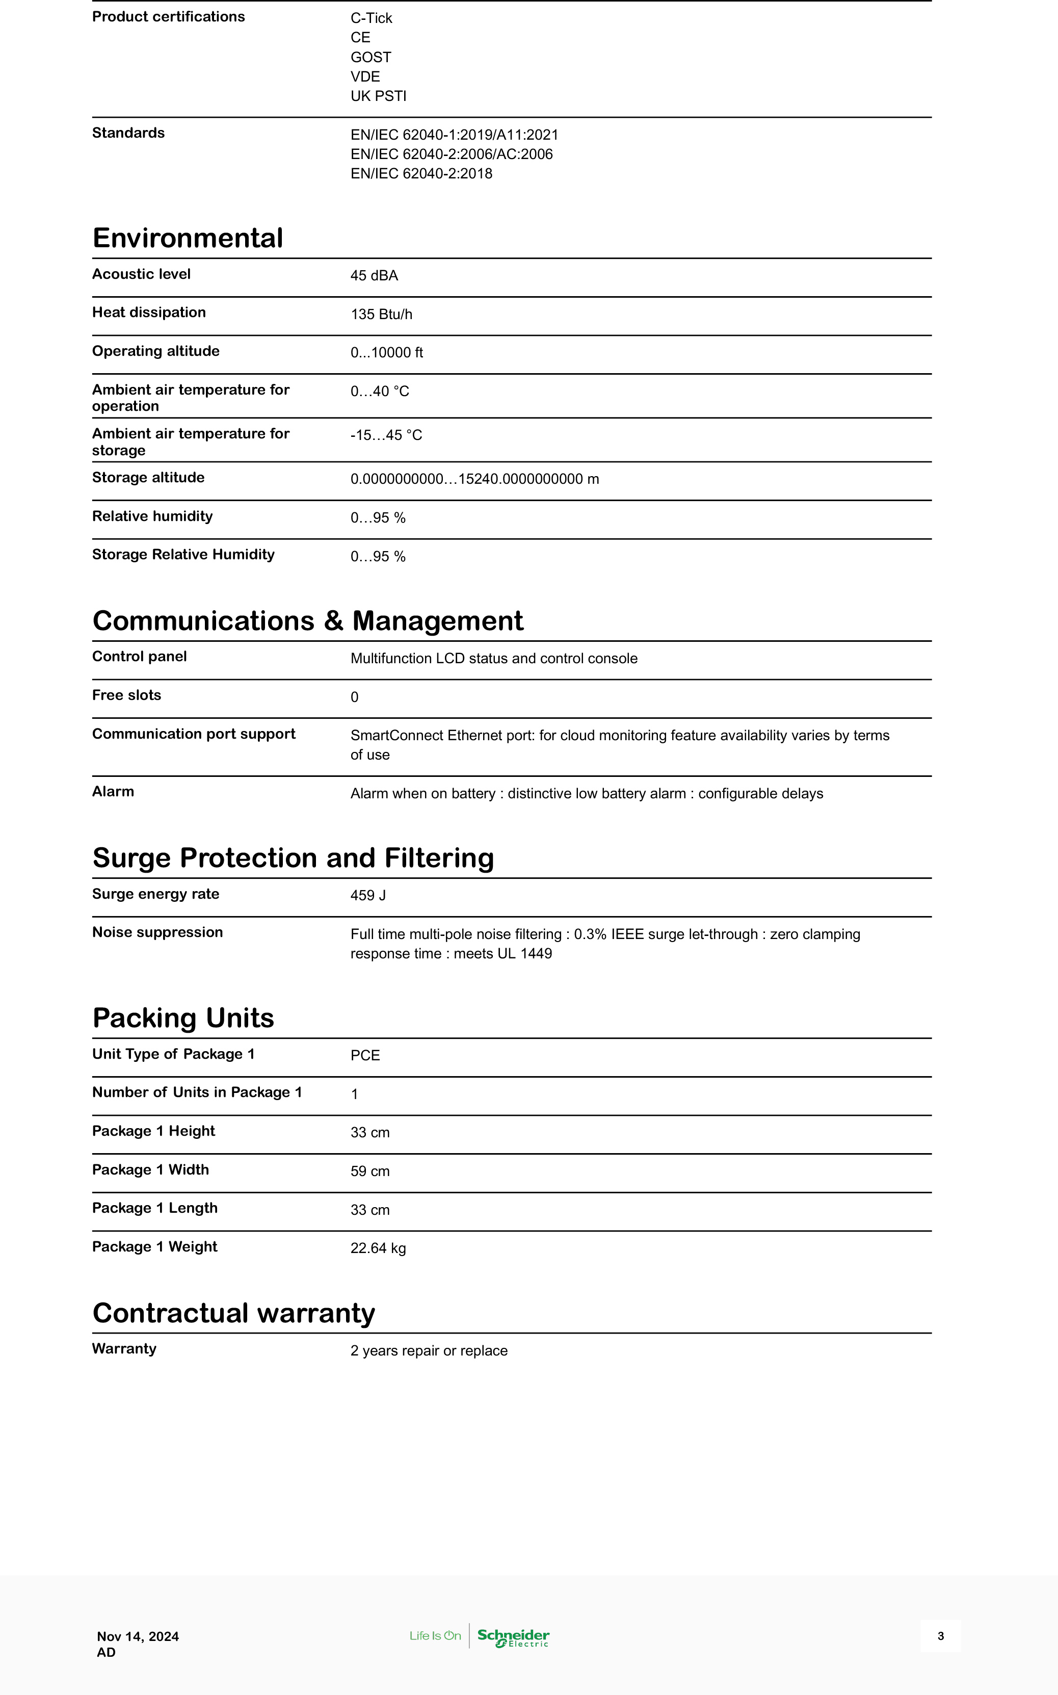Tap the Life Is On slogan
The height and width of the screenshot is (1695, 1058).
435,1635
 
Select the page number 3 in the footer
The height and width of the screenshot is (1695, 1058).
940,1635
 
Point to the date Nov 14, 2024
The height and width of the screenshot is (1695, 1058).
138,1636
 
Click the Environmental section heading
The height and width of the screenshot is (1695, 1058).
188,238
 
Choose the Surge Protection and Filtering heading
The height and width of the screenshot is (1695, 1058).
293,858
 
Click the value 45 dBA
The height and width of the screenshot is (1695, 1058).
375,276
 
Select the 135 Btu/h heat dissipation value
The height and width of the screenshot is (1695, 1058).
381,314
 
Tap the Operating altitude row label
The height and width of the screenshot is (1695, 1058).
156,351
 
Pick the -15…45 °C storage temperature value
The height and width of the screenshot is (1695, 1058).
386,435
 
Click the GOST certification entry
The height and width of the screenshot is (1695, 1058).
371,58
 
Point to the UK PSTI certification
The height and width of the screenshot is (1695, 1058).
379,96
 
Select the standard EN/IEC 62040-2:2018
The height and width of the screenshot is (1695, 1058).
421,173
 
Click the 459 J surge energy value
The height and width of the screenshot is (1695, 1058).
368,896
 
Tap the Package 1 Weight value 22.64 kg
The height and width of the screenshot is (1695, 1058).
378,1248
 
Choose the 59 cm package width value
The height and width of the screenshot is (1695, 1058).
370,1171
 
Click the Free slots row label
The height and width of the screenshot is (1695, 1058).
127,695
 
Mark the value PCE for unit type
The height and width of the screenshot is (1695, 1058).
365,1055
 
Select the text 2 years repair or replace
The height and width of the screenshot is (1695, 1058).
429,1351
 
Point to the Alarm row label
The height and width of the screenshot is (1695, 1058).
113,792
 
